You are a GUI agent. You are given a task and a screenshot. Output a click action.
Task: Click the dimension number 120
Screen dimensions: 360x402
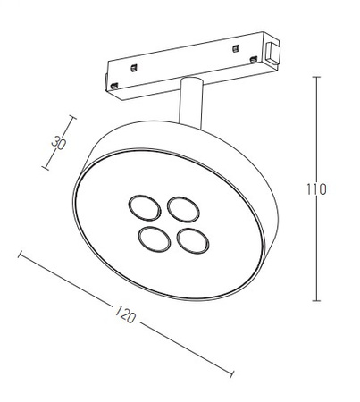125,314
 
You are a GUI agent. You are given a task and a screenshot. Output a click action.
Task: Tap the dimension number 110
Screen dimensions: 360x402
316,189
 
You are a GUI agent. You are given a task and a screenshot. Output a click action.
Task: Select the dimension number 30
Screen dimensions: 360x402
58,143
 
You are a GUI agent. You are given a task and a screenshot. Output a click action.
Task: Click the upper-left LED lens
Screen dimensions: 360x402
145,208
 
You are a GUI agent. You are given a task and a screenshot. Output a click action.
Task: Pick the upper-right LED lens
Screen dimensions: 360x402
183,209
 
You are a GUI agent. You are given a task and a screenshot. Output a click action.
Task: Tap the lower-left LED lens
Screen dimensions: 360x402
155,239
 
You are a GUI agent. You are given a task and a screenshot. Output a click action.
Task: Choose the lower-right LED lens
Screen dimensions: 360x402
193,240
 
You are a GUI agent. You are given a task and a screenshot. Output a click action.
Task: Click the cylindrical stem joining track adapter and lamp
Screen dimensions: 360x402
191,103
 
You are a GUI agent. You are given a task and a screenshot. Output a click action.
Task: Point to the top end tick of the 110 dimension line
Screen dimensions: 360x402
316,77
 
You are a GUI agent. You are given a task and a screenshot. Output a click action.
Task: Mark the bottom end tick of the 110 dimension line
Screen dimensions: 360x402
316,301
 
